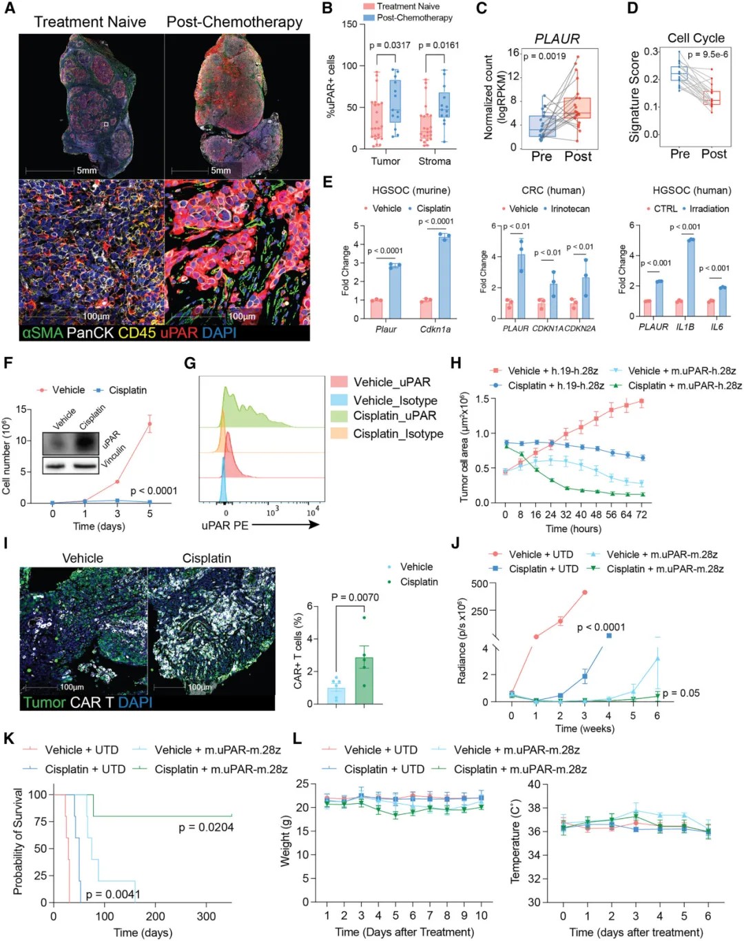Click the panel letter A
(9, 9)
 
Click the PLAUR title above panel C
(557, 39)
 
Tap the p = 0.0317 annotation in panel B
(389, 45)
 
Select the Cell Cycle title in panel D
(696, 38)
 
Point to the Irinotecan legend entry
(570, 209)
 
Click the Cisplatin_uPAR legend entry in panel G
(395, 416)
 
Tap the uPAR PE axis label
(225, 525)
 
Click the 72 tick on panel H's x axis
(641, 514)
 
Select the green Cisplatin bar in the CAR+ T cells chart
(364, 680)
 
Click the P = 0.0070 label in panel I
(355, 597)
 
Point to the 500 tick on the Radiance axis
(479, 584)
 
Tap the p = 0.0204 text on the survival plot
(206, 827)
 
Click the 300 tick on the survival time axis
(206, 916)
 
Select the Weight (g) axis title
(285, 842)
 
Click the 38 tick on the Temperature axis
(534, 808)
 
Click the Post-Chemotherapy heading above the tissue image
(234, 22)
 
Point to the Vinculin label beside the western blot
(113, 456)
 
